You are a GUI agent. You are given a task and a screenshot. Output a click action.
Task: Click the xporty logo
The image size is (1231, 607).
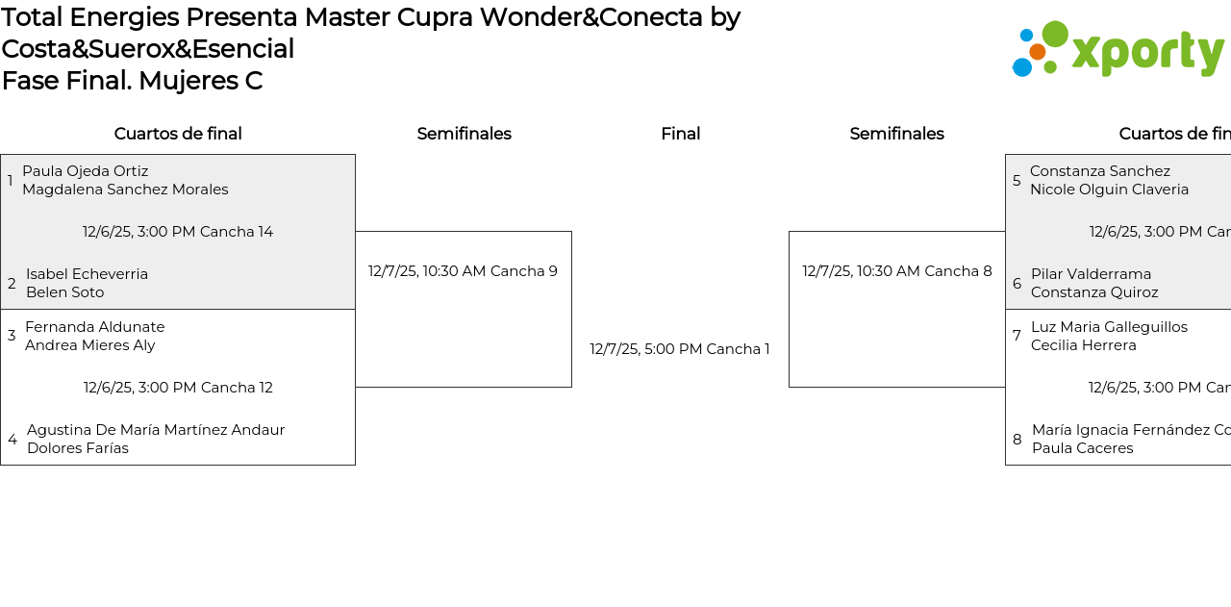coord(1118,50)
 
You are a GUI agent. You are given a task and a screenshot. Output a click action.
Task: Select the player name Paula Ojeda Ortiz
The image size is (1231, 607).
coord(86,171)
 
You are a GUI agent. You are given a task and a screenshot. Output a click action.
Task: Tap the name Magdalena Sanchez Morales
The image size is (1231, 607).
coord(125,190)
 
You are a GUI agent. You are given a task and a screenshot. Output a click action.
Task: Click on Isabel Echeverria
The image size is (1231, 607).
coord(87,274)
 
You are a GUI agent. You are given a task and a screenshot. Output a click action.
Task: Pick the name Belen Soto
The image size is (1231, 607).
coord(64,292)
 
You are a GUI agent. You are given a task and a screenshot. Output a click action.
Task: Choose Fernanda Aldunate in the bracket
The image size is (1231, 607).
coord(94,327)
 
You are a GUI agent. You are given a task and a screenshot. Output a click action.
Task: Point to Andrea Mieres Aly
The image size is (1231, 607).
coord(89,345)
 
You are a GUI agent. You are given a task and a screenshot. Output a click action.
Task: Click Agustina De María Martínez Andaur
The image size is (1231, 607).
coord(156,430)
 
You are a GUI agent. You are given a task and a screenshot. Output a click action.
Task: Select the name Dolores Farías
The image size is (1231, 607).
coord(77,448)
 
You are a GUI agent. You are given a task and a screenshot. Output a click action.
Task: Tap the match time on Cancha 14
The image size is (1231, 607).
coord(178,232)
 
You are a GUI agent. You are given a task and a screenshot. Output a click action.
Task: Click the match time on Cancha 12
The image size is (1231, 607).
coord(178,388)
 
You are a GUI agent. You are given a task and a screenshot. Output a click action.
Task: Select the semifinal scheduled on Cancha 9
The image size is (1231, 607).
coord(463,271)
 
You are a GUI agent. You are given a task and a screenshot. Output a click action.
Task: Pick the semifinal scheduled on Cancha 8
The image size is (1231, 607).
coord(897,271)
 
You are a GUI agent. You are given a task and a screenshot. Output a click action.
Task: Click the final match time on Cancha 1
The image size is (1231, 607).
coord(680,349)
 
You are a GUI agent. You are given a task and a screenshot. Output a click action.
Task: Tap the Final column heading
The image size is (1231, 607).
coord(680,134)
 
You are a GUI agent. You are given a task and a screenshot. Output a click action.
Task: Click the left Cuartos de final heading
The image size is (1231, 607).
coord(178,134)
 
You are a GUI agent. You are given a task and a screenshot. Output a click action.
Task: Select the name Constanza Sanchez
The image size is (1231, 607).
coord(1100,171)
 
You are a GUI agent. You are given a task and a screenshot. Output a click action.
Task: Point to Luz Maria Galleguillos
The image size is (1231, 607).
coord(1109,327)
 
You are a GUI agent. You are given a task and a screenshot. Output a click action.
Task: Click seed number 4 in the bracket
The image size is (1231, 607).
coord(13,440)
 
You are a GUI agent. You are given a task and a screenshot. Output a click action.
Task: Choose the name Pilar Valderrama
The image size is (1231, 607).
coord(1091,274)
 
